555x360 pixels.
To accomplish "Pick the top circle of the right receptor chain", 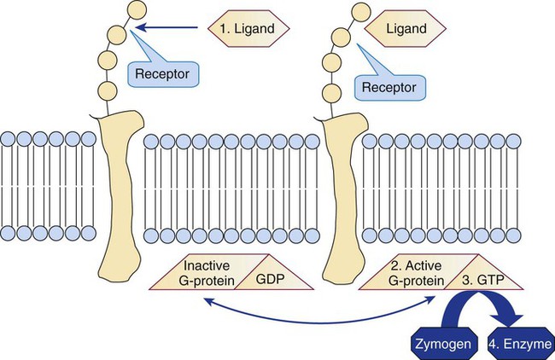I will click(354, 9).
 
